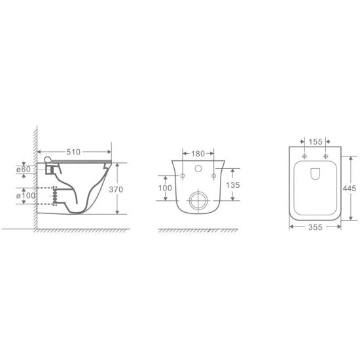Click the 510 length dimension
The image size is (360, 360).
[x=73, y=152]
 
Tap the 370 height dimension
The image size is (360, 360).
[x=116, y=190]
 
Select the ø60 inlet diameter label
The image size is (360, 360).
[x=24, y=170]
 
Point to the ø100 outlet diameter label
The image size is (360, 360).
[x=26, y=196]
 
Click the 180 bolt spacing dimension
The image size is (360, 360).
[x=198, y=154]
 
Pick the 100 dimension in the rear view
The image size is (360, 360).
[x=165, y=188]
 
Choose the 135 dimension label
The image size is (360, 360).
[x=233, y=185]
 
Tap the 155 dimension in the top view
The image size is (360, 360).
[x=315, y=142]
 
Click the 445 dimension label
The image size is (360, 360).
[x=350, y=189]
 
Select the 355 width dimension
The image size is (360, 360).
[x=315, y=227]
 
